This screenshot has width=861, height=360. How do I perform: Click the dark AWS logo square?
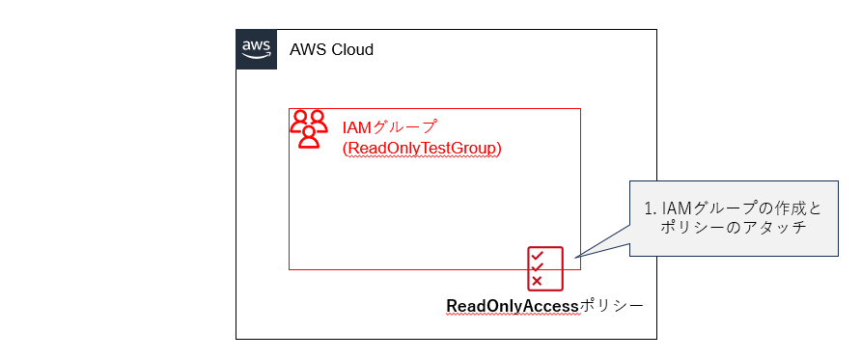click(256, 49)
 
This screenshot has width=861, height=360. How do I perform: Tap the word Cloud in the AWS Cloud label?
click(351, 49)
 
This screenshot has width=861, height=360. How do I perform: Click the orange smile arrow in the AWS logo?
click(256, 57)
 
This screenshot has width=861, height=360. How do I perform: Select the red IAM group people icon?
click(309, 128)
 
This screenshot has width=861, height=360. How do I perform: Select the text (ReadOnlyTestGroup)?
click(422, 149)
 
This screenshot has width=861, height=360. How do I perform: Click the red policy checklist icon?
click(544, 267)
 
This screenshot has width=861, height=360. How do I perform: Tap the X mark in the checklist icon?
click(538, 281)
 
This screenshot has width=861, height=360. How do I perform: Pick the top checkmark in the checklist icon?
click(538, 256)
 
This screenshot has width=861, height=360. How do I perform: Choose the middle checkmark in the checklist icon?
click(538, 268)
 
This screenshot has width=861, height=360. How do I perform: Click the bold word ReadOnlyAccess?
click(512, 306)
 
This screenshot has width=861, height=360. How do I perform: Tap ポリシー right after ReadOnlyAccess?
click(611, 306)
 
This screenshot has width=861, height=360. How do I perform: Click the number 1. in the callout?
click(650, 208)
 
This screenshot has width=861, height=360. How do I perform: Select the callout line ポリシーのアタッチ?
click(733, 228)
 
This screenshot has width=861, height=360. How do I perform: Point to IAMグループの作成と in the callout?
click(740, 208)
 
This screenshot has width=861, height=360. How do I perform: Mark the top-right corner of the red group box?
click(580, 108)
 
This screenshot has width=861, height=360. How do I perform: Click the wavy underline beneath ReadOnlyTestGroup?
click(422, 157)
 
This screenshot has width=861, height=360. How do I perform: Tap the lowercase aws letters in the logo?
click(256, 45)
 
